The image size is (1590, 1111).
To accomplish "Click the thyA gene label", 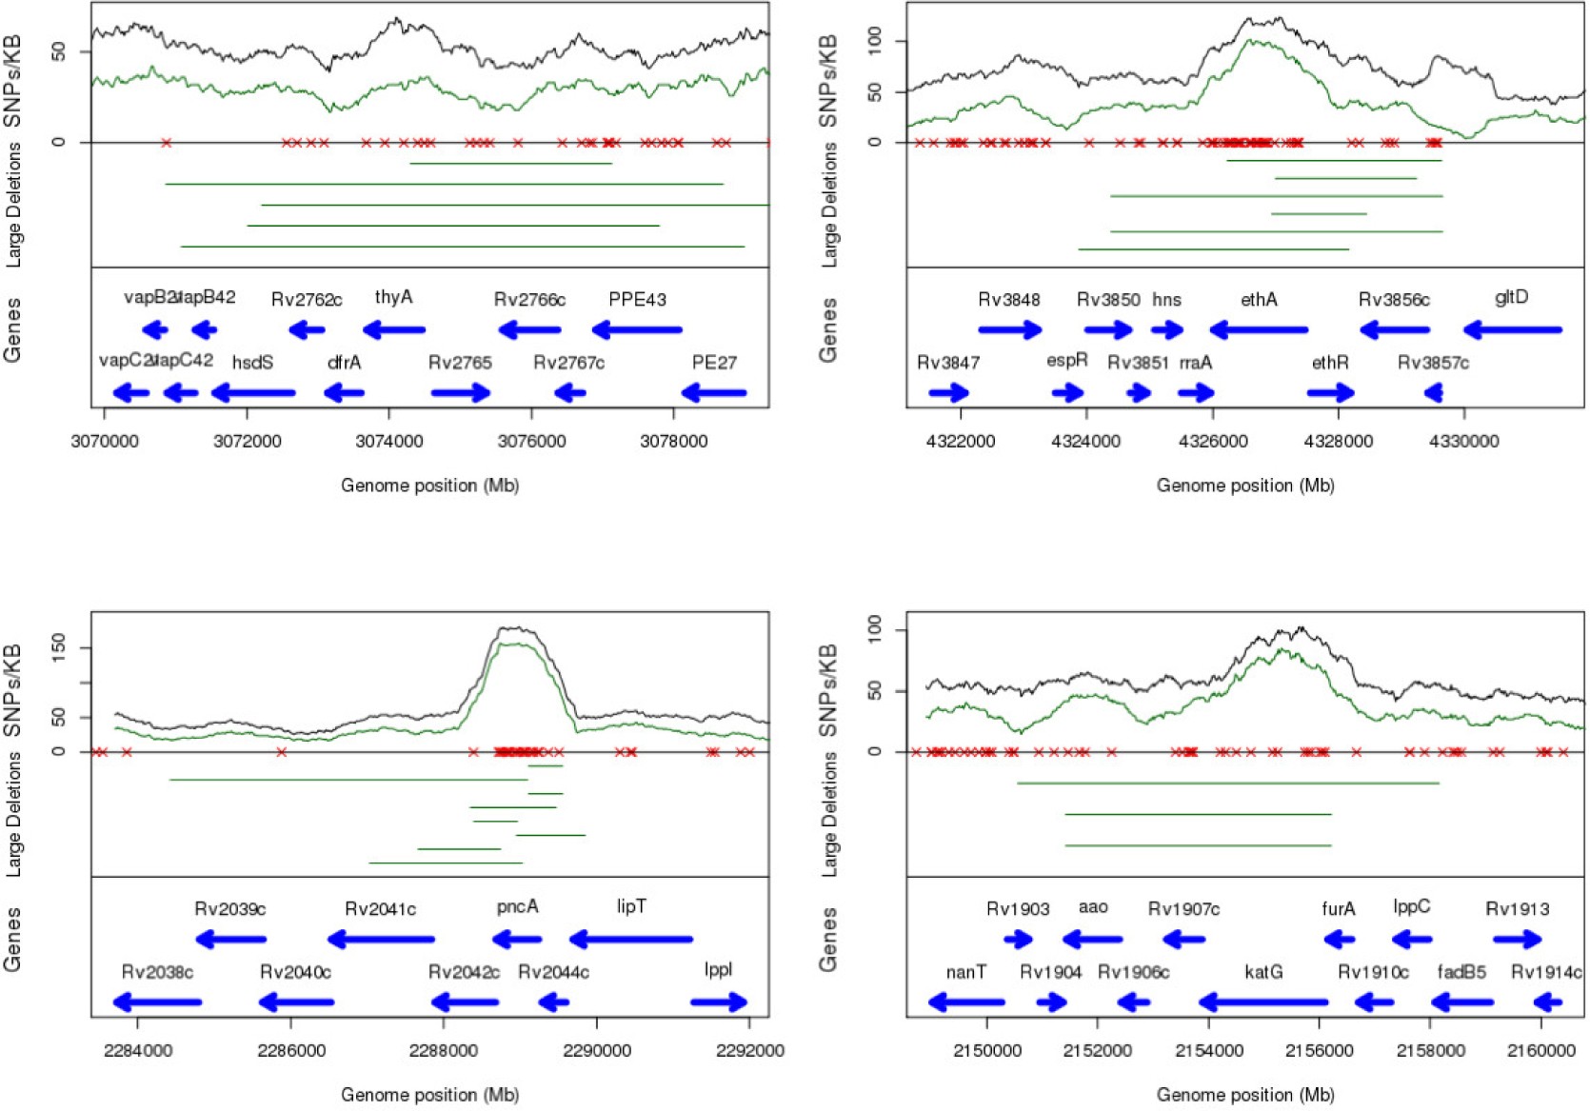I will [x=393, y=297].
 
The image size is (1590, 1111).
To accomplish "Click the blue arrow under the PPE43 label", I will [x=637, y=330].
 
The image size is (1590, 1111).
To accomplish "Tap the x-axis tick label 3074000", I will [x=389, y=441].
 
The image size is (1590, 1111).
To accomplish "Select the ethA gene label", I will [x=1259, y=299].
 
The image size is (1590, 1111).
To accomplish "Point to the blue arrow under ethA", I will [x=1259, y=330].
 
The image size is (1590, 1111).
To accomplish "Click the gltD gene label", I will [x=1511, y=297].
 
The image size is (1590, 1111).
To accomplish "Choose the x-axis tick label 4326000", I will [x=1213, y=441].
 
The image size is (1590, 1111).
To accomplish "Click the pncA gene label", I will [x=517, y=906].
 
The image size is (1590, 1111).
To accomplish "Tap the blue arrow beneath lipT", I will [x=631, y=940].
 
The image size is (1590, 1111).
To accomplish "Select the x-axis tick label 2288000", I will [x=444, y=1050].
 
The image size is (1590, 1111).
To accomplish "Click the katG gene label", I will [x=1263, y=971].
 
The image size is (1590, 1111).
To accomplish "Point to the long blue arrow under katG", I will [x=1263, y=1002].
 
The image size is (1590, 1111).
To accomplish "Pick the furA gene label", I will [x=1338, y=908].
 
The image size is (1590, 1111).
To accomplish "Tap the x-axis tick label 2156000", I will [x=1319, y=1050].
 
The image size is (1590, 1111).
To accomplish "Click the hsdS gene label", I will [x=252, y=362].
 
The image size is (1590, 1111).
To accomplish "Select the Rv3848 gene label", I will [x=1009, y=299].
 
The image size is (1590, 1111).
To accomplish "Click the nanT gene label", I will [x=965, y=971].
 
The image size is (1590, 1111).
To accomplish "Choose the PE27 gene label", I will [x=714, y=362].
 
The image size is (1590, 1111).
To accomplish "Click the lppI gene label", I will [x=718, y=969].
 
